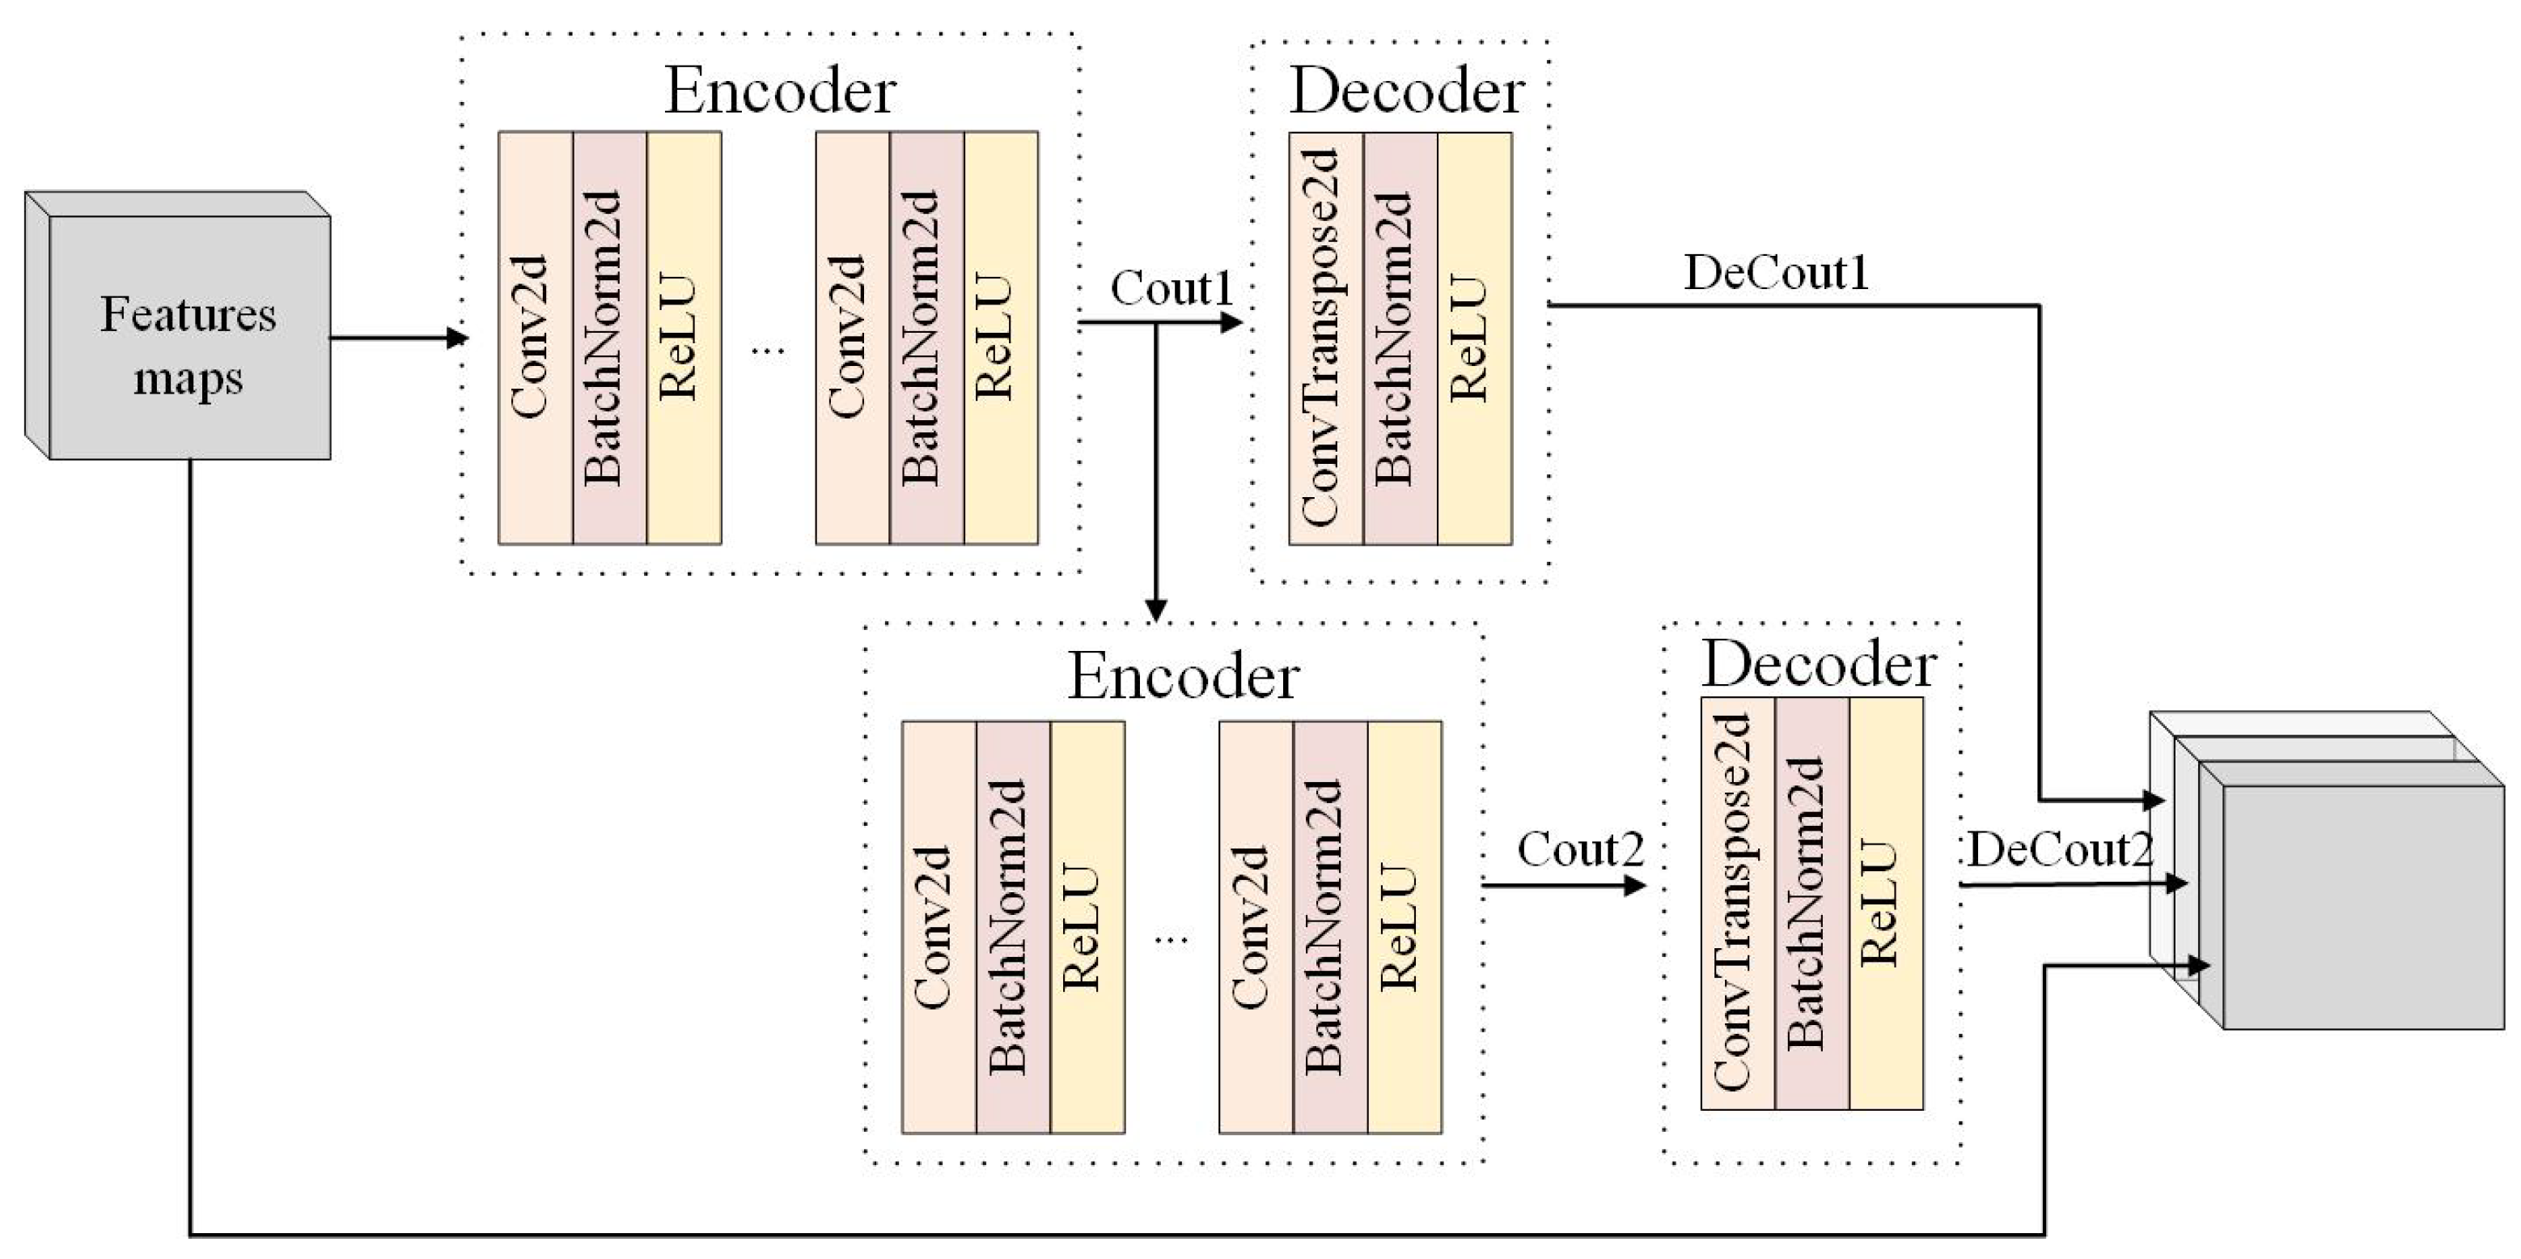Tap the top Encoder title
tap(779, 91)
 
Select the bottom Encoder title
tap(1182, 675)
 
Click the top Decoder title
tap(1406, 91)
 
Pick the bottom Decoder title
tap(1818, 665)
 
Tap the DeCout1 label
tap(1775, 272)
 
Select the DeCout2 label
tap(2060, 849)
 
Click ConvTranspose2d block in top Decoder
tap(1325, 338)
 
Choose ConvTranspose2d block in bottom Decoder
tap(1737, 903)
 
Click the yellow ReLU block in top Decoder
tap(1474, 338)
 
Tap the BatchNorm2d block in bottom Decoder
tap(1811, 903)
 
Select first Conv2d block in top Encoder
tap(536, 338)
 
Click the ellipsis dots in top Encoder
tap(769, 350)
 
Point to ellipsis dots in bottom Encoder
tap(1172, 940)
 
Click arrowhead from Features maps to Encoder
tap(458, 338)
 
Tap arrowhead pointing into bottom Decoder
tap(1634, 886)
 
